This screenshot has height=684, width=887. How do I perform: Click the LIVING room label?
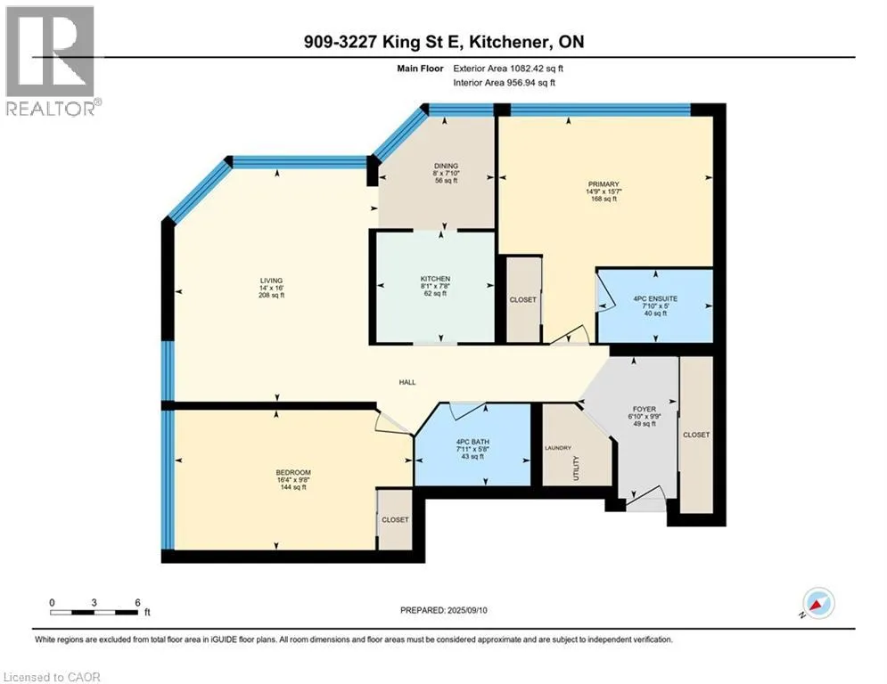[x=271, y=281]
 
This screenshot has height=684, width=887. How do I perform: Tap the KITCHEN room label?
[x=435, y=279]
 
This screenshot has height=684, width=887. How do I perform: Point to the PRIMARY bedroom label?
[x=604, y=184]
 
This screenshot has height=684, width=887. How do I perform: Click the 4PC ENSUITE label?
[x=655, y=298]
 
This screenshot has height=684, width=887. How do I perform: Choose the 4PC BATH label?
[x=472, y=442]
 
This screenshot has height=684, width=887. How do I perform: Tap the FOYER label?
[x=645, y=410]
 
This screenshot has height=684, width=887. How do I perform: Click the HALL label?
[x=407, y=382]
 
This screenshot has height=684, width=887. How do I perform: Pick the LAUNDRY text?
[x=558, y=448]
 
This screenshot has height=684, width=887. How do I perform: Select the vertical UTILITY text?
[x=576, y=468]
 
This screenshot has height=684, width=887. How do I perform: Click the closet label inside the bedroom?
[x=395, y=519]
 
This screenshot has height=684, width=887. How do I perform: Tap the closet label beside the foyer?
[x=696, y=435]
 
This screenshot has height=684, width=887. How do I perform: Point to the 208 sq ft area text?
[x=271, y=295]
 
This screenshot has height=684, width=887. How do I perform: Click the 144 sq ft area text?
[x=293, y=487]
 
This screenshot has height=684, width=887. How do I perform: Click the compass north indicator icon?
[x=818, y=603]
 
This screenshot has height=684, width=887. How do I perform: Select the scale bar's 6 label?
[x=137, y=603]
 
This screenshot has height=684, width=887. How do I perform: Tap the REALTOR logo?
[x=50, y=61]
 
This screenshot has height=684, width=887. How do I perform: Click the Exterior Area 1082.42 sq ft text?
[x=508, y=69]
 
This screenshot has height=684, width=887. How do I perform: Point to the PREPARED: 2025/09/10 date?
[x=444, y=610]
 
